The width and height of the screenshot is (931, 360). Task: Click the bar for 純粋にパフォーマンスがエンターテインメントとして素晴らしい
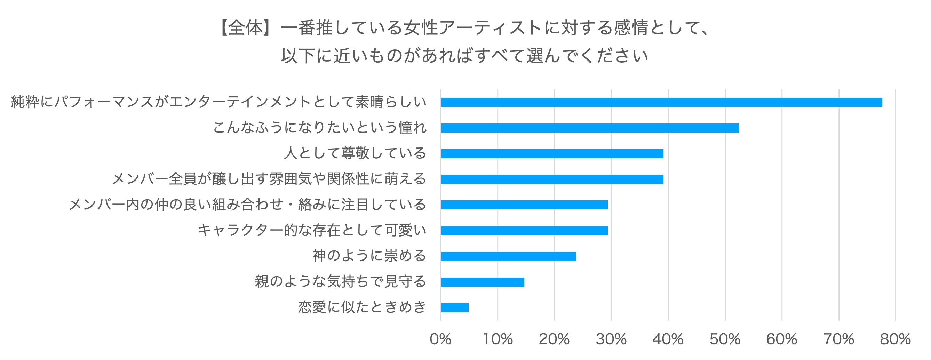tap(661, 102)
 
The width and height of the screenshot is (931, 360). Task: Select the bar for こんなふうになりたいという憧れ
tap(590, 128)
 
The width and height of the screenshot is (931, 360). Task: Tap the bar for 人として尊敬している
tap(552, 154)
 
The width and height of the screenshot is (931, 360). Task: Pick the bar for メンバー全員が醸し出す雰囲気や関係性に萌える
tap(552, 179)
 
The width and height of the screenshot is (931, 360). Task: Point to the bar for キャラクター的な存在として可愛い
tap(524, 231)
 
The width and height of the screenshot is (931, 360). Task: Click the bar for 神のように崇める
tap(508, 256)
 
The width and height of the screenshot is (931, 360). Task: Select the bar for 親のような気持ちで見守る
tap(483, 282)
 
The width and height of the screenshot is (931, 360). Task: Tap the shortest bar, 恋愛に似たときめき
tap(455, 307)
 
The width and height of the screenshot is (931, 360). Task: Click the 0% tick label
tap(440, 339)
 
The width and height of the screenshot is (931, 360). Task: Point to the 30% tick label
tap(611, 339)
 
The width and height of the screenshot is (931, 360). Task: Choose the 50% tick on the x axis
tap(725, 339)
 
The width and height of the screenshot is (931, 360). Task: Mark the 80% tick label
tap(895, 339)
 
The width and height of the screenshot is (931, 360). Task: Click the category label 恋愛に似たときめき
tap(362, 307)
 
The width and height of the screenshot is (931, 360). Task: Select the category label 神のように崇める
tap(369, 256)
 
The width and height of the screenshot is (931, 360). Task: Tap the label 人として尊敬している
tap(355, 153)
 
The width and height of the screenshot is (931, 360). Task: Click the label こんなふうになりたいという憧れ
tap(319, 128)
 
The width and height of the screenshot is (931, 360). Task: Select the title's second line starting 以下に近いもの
tap(465, 56)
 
